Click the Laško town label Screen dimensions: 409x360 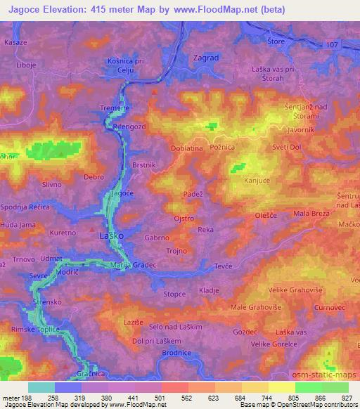tap(112, 236)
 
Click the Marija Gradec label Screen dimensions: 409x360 tap(134, 265)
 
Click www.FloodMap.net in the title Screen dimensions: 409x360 tap(235, 10)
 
